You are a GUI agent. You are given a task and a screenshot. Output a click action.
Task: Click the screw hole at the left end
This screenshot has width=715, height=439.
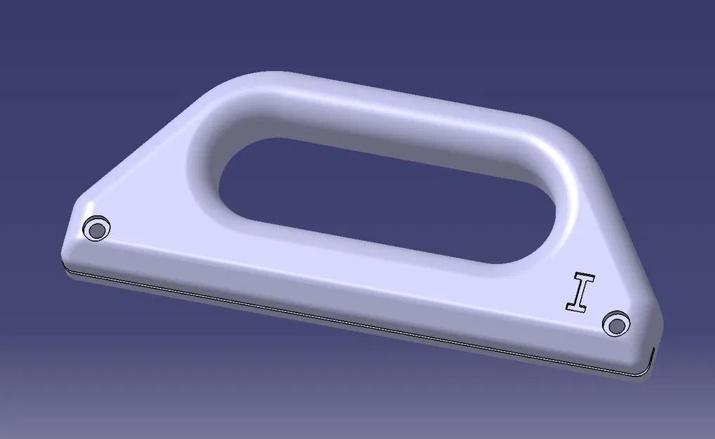pos(96,228)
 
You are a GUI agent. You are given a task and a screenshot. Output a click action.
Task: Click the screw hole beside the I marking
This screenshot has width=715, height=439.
pos(616,325)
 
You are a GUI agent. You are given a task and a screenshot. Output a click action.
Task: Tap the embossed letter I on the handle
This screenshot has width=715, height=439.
pos(581,291)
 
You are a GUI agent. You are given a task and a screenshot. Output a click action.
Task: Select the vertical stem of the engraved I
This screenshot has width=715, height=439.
pos(581,291)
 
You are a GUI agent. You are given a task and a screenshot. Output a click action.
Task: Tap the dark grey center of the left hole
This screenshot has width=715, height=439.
pos(96,229)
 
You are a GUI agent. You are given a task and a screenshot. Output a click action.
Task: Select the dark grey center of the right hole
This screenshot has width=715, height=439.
pos(616,325)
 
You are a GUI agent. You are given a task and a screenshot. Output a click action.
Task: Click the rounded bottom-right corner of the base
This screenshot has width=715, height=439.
pos(650,358)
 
